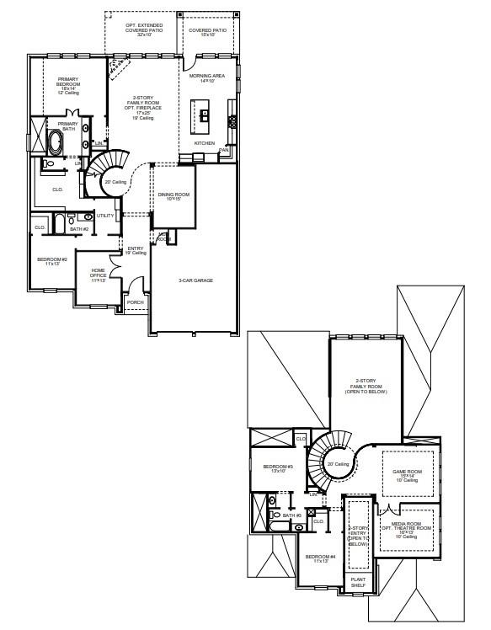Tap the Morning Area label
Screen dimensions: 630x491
(206, 78)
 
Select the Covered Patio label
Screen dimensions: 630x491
(206, 32)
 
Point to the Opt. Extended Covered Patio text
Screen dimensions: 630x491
(144, 29)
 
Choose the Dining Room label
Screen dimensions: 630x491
(173, 197)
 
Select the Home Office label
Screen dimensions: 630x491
(99, 274)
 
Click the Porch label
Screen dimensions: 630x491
(135, 302)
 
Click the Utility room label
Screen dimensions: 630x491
(104, 216)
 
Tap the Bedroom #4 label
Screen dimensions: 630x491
(321, 559)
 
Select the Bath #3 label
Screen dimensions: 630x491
(291, 515)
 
